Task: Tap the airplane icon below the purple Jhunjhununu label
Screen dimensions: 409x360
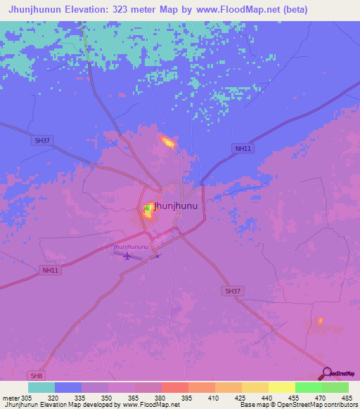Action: point(127,255)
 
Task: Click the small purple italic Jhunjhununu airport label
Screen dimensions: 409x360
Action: point(131,247)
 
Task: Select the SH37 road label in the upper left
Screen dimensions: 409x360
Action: point(42,141)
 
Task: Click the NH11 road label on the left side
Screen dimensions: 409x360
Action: point(50,269)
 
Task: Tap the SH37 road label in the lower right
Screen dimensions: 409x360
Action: point(232,290)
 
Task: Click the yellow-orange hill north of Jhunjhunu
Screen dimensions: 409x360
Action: point(168,143)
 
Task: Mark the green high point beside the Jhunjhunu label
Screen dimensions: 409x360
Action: point(147,208)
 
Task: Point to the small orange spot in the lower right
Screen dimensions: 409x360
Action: point(320,321)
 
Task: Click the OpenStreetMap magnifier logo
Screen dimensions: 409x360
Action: point(327,372)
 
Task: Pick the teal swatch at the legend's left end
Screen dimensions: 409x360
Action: point(41,387)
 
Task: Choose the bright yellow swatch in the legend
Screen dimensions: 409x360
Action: point(281,387)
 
